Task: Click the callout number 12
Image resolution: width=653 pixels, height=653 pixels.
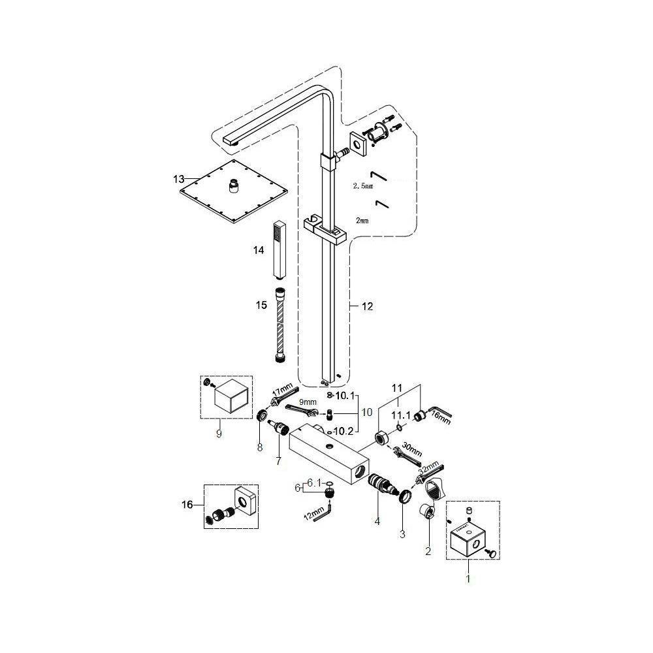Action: [367, 306]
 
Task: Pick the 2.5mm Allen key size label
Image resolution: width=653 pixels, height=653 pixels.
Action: [362, 186]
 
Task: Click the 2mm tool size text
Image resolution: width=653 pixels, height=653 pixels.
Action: [360, 221]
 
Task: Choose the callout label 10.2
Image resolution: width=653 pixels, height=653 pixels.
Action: [343, 430]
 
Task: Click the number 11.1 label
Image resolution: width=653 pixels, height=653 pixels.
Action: [400, 415]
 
